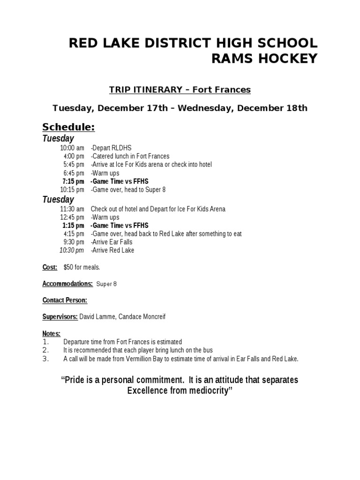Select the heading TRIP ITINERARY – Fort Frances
click(180, 90)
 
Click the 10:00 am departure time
click(72, 148)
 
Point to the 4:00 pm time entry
click(74, 156)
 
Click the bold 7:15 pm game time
click(73, 181)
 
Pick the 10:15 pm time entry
click(72, 189)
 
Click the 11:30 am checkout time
click(72, 209)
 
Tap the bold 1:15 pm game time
click(73, 225)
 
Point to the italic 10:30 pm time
click(72, 250)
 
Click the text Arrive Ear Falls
click(112, 242)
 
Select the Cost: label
click(50, 267)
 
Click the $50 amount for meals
click(68, 267)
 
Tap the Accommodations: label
click(67, 284)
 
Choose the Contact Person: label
click(65, 300)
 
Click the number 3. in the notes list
click(45, 359)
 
